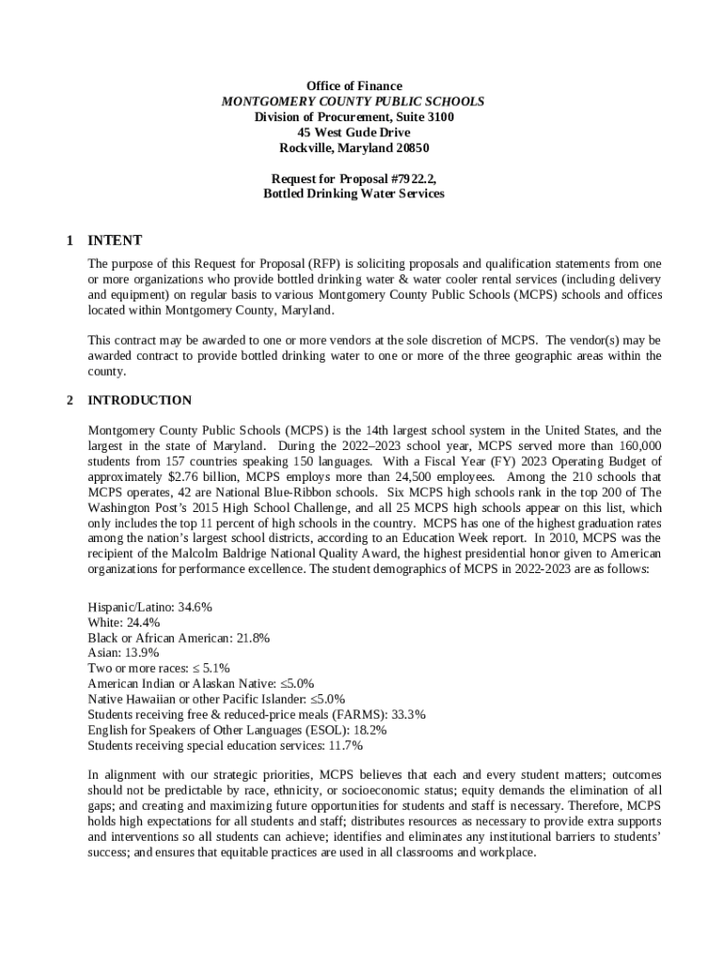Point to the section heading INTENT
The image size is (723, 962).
click(114, 240)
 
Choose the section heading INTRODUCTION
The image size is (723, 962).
click(139, 400)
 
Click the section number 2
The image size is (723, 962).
click(69, 400)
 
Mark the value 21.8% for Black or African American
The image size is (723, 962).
click(254, 638)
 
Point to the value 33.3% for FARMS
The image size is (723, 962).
click(408, 714)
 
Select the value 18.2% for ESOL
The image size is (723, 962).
click(368, 730)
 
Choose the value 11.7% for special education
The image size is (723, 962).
click(344, 745)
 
